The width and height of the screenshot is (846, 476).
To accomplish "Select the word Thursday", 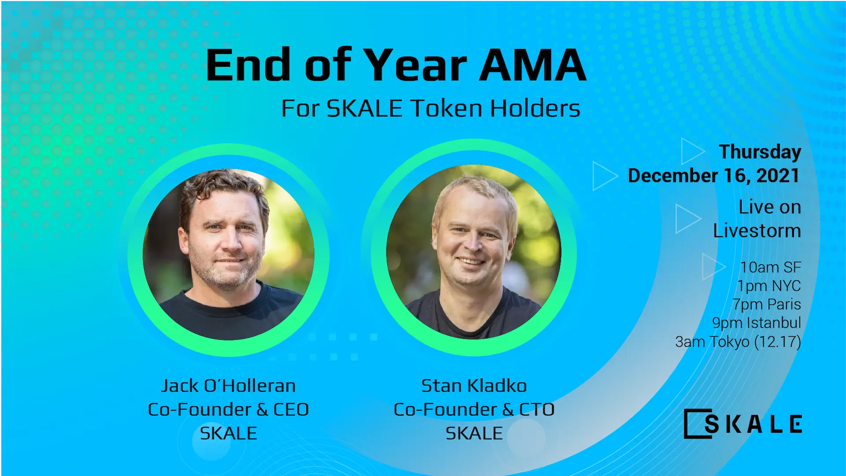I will (x=760, y=152).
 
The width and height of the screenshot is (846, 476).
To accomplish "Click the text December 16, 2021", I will (x=713, y=175).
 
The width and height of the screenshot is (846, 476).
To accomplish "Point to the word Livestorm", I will (x=757, y=231).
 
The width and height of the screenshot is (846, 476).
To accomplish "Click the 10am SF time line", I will (x=770, y=267).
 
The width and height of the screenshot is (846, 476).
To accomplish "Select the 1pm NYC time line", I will (x=769, y=286).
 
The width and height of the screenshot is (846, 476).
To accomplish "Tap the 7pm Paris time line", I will (x=766, y=304).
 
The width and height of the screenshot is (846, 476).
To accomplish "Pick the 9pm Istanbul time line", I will (x=756, y=323).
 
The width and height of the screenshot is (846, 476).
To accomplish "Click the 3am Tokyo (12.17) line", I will (x=738, y=342).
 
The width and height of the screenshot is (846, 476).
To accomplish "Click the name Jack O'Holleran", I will (x=228, y=386).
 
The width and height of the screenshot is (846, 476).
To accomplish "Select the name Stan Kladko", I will (x=474, y=386).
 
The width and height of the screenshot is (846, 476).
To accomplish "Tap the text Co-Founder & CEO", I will (x=228, y=409).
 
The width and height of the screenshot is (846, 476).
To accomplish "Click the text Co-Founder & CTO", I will (x=474, y=409).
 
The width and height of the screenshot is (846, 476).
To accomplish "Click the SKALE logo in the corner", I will (x=743, y=424).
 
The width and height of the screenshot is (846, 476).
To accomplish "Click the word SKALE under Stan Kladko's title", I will (x=474, y=433).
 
